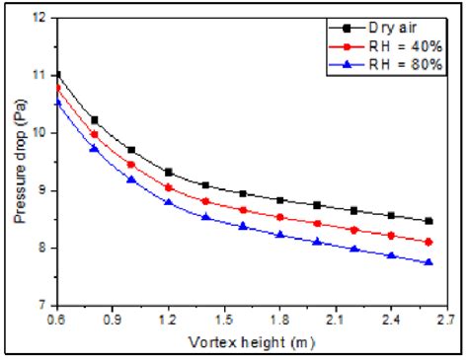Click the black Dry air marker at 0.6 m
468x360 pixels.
(57, 74)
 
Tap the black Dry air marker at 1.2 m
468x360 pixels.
(169, 173)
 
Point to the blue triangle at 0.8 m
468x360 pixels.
(95, 148)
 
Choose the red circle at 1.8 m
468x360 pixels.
(280, 217)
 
